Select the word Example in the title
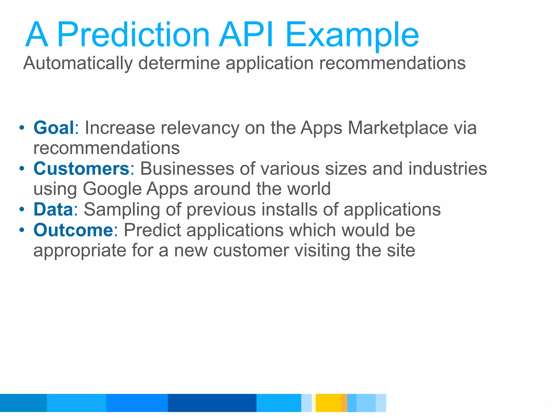352,35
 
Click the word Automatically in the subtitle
78,63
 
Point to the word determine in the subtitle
179,63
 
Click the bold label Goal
54,128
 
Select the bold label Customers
81,168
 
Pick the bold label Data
53,209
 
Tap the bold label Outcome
73,230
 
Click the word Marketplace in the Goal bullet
398,128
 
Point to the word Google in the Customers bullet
112,189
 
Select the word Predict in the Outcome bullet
152,230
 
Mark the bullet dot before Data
22,210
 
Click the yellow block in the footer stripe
328,403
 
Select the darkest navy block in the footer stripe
212,403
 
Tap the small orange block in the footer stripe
344,403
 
